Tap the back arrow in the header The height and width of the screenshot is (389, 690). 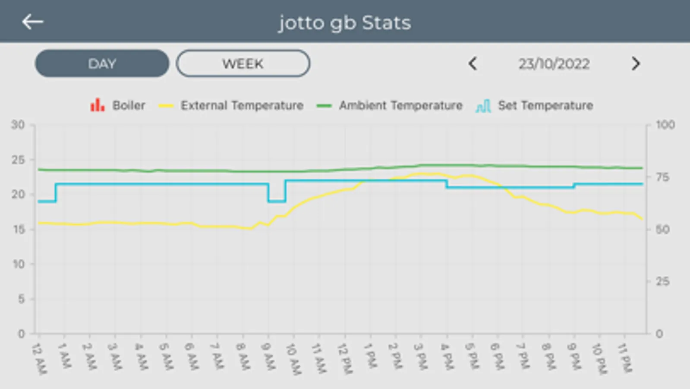33,22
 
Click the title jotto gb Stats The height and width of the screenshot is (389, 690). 344,22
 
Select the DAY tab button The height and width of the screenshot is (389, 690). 102,64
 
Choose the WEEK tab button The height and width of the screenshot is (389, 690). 243,64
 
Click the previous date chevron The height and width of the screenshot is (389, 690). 473,64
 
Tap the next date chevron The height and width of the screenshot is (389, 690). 635,64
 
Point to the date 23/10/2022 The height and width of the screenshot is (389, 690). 554,64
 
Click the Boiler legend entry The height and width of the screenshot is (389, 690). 118,105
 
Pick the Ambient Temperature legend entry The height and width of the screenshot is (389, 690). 390,105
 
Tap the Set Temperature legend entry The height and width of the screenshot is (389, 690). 535,105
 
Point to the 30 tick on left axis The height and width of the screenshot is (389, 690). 18,125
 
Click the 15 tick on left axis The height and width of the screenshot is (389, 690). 19,230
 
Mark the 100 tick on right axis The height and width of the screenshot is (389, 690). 665,125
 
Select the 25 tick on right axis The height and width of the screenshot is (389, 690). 662,282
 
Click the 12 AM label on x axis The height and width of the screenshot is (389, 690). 40,359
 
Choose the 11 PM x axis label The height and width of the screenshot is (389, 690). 625,357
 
